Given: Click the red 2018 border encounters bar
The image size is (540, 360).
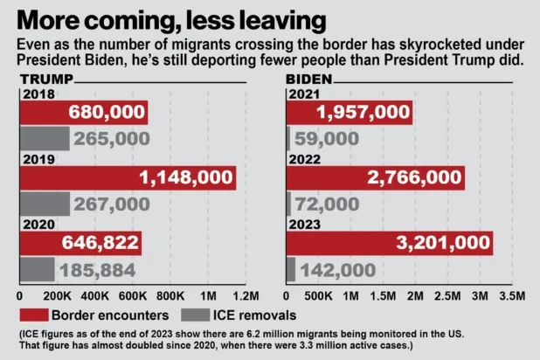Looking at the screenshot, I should [83, 113].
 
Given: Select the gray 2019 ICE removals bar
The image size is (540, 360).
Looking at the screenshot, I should [45, 204].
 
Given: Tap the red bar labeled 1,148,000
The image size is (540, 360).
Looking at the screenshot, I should [128, 177].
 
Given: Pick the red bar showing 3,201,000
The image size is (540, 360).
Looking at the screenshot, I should [390, 244].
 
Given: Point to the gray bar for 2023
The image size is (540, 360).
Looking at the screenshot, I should [292, 269].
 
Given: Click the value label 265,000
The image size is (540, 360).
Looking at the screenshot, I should [112, 138].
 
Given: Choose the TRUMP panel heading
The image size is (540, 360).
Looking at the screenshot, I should [46, 80].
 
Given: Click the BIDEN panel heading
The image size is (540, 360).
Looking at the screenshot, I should [310, 80].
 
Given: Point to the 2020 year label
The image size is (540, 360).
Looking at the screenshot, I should [38, 224].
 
